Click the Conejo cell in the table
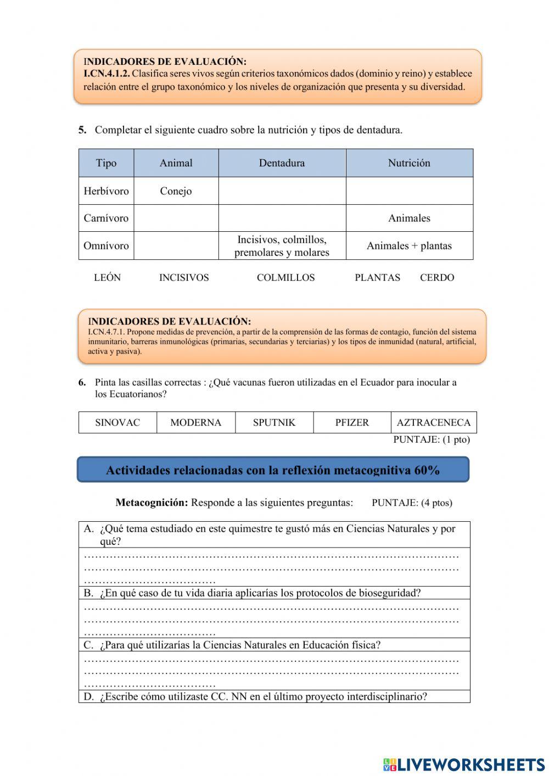[176, 191]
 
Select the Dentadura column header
[282, 163]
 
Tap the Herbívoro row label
[106, 191]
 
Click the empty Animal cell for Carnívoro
[176, 218]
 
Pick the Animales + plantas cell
[409, 245]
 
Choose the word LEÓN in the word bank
[107, 278]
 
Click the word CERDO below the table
[437, 278]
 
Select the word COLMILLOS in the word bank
[285, 278]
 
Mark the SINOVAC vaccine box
[117, 422]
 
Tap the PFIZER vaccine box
[352, 422]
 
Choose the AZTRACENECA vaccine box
[433, 422]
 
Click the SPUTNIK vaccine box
[274, 422]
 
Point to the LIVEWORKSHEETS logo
[463, 764]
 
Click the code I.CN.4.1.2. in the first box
[107, 74]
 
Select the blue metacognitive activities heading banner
[273, 470]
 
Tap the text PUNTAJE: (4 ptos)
[412, 503]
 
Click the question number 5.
[82, 130]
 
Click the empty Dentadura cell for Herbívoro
[282, 191]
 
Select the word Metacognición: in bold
[152, 503]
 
